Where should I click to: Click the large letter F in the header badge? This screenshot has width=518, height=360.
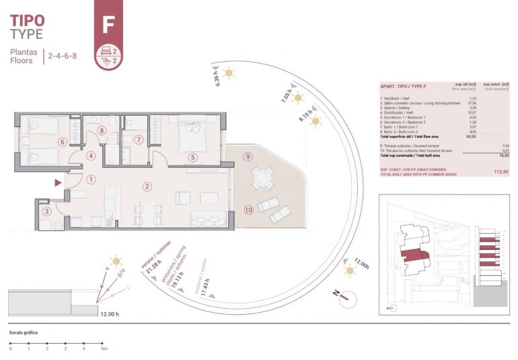(x=108, y=24)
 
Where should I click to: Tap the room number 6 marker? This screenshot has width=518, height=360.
(x=62, y=142)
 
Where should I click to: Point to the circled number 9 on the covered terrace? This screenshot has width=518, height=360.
(x=248, y=157)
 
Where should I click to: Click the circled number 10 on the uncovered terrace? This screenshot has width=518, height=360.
(x=248, y=210)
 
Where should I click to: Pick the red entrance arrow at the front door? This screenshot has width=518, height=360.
(x=59, y=182)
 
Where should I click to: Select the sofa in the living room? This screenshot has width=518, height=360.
(x=208, y=219)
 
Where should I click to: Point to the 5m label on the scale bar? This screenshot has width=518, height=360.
(x=103, y=349)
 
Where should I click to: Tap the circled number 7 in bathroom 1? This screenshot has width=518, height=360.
(x=139, y=141)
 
